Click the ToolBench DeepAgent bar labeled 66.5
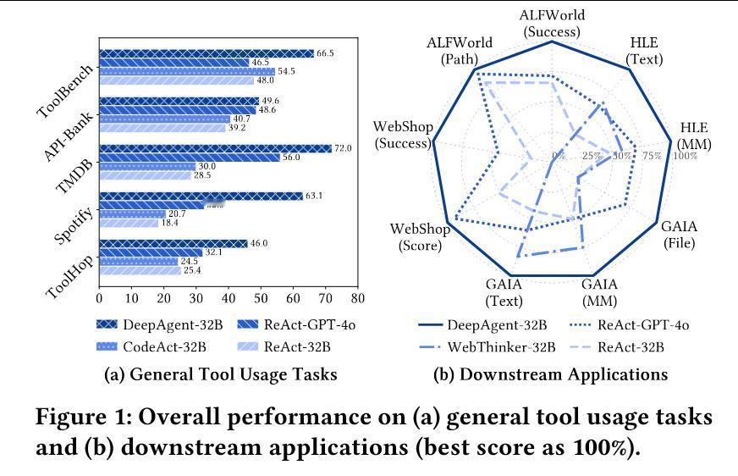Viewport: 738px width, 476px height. [206, 53]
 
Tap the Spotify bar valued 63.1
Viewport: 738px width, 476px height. [201, 196]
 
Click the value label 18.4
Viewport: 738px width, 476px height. [171, 223]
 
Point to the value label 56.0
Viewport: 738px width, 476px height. [292, 158]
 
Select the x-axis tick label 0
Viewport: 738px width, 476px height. [100, 300]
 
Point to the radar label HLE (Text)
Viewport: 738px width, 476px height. [644, 52]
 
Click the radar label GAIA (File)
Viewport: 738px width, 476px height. [678, 235]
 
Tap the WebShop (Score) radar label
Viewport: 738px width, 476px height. [417, 237]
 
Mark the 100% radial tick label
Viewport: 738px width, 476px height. [685, 156]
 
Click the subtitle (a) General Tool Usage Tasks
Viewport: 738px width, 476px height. [220, 374]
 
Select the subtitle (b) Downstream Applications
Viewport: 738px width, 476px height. [550, 374]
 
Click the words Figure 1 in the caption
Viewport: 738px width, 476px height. [80, 417]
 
